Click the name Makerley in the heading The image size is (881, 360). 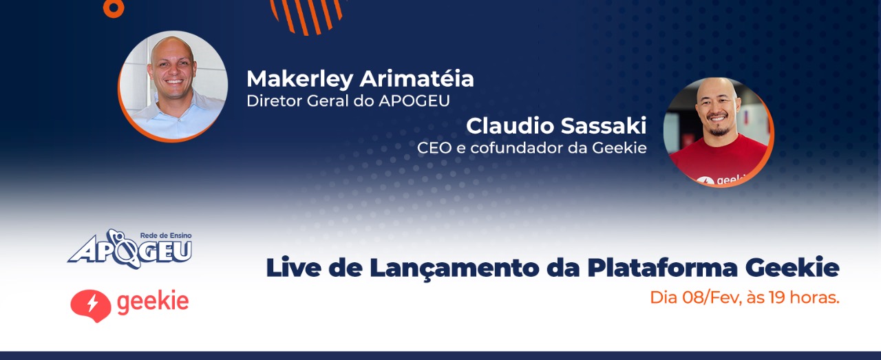[x=299, y=79]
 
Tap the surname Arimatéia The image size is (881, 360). [x=417, y=78]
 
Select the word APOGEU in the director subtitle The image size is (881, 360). [x=414, y=101]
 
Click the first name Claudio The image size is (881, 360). [x=510, y=126]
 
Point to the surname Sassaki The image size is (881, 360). [x=604, y=126]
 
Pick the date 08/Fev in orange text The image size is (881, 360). [x=712, y=298]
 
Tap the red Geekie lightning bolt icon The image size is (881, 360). [x=90, y=306]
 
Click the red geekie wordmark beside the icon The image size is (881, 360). [x=153, y=303]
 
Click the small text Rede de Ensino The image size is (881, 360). [x=166, y=235]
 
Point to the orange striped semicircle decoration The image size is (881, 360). [x=307, y=17]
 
